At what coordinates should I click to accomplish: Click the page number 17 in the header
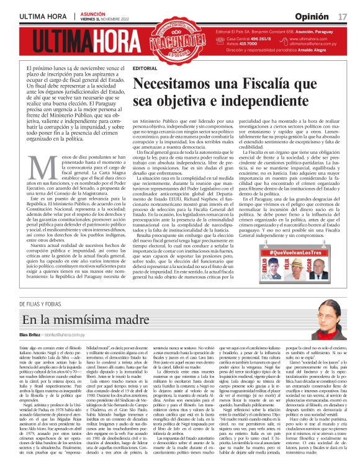click(x=342, y=16)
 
